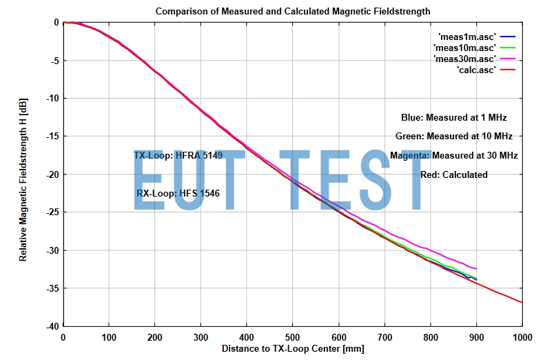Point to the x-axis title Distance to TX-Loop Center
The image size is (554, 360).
tap(292, 349)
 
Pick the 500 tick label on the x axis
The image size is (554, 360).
tap(293, 337)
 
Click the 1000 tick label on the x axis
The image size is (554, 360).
tap(522, 337)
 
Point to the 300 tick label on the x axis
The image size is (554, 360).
tap(201, 337)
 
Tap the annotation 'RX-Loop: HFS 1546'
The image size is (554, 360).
tap(178, 194)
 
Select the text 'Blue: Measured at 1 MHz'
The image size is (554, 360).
tap(453, 118)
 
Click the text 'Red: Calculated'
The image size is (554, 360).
tap(453, 175)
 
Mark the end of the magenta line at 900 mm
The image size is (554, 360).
tap(476, 269)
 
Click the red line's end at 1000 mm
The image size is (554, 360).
tap(522, 302)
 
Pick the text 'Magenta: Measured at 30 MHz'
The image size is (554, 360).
tap(453, 156)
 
